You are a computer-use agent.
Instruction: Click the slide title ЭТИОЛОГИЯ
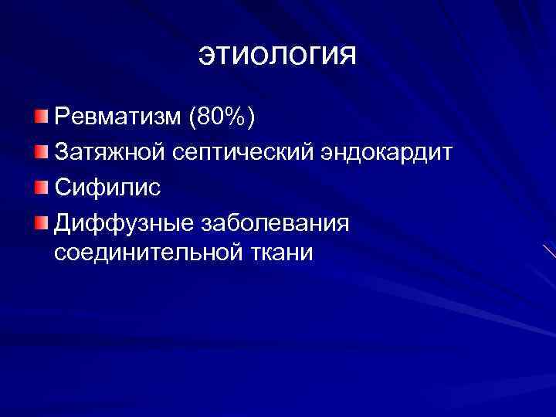pyautogui.click(x=278, y=56)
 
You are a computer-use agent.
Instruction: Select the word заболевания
pyautogui.click(x=275, y=224)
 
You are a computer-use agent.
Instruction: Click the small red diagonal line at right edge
pyautogui.click(x=549, y=252)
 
